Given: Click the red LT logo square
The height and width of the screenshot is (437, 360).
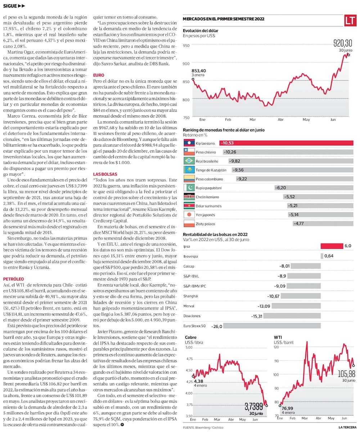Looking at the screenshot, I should click(350, 21).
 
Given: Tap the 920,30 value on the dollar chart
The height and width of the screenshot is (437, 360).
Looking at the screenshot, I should click(343, 44).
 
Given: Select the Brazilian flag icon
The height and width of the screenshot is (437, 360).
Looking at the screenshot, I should click(189, 161).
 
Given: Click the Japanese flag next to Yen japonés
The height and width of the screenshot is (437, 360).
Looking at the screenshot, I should click(189, 215).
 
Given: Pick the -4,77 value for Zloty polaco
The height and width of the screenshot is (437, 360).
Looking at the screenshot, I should click(299, 224).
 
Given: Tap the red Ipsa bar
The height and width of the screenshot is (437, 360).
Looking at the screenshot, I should click(331, 246).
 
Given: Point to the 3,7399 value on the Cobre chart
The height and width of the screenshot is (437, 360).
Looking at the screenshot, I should click(253, 407).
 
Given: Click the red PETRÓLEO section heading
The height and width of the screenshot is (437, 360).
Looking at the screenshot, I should click(13, 279).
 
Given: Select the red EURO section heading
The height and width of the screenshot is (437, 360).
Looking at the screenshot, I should click(99, 75).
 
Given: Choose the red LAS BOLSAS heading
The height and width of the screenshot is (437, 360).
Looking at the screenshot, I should click(103, 174).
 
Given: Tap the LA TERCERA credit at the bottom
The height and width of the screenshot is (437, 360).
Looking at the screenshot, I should click(347, 427).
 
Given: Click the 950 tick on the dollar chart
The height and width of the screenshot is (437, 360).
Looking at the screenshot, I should click(186, 46).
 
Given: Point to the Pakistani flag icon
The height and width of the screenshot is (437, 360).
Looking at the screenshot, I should click(189, 188).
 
